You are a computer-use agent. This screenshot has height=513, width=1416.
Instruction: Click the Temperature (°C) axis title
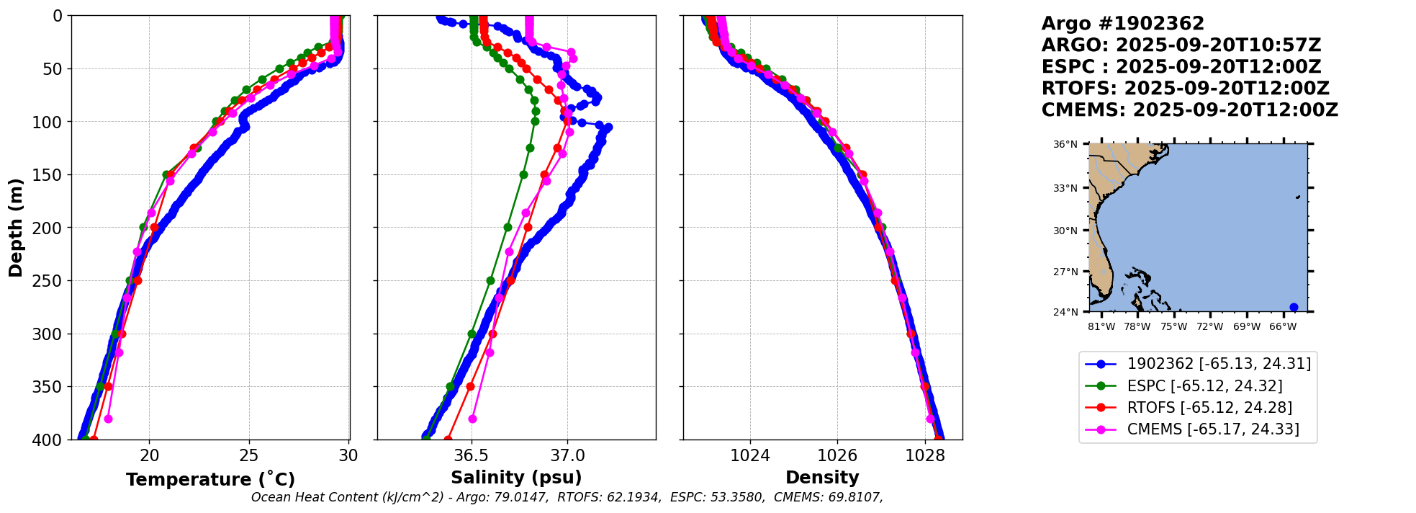(x=210, y=480)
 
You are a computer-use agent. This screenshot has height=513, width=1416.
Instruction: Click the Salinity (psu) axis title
(x=516, y=478)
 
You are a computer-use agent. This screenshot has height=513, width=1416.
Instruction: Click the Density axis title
(x=822, y=478)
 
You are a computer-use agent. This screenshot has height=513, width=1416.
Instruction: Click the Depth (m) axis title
(x=16, y=227)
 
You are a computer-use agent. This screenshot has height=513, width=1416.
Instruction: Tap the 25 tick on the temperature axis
(x=249, y=456)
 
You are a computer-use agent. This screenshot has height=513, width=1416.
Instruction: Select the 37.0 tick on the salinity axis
(x=567, y=456)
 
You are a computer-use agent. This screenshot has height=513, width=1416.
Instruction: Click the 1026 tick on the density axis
(x=838, y=456)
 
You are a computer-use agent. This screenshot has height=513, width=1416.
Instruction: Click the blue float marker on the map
(x=1294, y=308)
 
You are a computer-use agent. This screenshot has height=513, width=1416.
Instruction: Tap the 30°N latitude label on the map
(x=1065, y=231)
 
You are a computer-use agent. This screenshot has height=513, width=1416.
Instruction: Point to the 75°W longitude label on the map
(x=1173, y=327)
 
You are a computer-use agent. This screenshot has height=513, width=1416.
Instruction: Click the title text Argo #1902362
(x=1112, y=24)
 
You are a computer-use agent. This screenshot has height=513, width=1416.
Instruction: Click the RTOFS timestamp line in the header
(x=1185, y=89)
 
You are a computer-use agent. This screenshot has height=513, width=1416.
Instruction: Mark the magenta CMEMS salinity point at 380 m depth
(x=472, y=419)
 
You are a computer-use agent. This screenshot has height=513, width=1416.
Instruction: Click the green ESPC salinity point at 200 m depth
(x=508, y=227)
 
